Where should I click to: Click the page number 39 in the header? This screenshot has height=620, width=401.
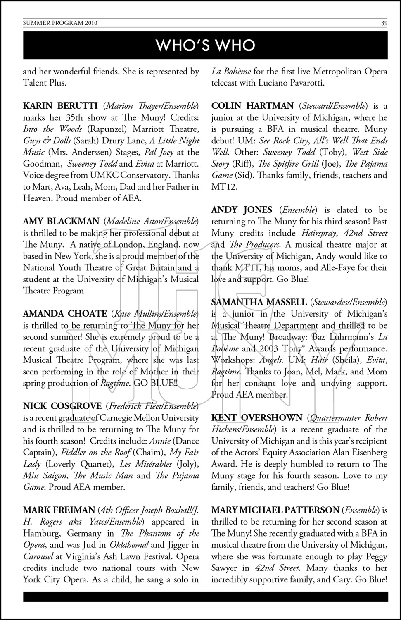(384, 23)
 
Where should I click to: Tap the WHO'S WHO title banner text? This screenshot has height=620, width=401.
(205, 45)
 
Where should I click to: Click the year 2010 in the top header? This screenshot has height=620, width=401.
(89, 23)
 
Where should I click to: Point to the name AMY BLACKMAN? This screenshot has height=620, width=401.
(61, 222)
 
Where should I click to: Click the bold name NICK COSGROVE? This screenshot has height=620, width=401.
(62, 406)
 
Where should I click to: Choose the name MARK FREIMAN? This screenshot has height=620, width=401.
(59, 510)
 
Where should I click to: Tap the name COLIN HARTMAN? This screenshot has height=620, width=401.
(252, 106)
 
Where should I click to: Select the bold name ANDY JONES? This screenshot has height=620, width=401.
(242, 210)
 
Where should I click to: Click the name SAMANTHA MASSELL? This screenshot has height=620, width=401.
(259, 303)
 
